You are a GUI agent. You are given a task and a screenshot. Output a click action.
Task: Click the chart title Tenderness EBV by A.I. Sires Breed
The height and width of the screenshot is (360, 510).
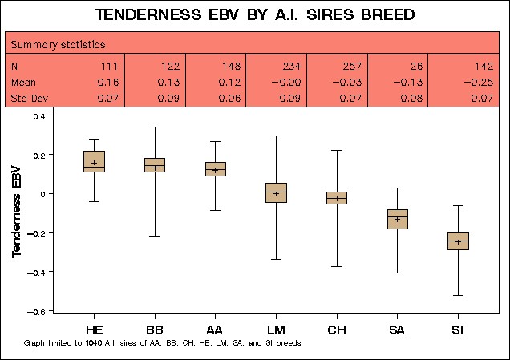[x=255, y=14]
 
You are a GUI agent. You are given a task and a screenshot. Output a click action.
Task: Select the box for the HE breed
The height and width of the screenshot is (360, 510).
[x=95, y=161]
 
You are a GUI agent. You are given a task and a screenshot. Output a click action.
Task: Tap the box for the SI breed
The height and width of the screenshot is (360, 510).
[x=458, y=241]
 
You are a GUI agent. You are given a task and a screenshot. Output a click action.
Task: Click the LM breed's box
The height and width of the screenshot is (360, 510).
[x=276, y=193]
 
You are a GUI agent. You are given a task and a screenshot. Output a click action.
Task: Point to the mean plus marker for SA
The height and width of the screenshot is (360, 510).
[x=397, y=220]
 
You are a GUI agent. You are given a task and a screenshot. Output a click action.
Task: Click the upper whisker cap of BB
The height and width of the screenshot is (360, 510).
[x=155, y=127]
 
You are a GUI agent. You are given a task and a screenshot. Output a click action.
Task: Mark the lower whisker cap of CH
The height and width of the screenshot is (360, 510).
[x=337, y=267]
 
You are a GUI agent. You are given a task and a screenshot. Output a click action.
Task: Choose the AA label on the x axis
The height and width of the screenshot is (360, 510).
[x=215, y=330]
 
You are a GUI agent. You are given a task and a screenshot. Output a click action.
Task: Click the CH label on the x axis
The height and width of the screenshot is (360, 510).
[x=337, y=330]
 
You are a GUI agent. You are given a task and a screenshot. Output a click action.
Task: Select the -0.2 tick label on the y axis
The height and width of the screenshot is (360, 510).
[x=36, y=233]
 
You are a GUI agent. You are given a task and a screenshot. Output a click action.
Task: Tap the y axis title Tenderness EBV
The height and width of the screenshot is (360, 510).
[x=16, y=212]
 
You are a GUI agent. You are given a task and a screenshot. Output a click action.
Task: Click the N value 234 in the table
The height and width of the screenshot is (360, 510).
[x=291, y=67]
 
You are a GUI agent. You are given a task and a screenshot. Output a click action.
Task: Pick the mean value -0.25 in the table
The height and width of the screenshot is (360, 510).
[x=479, y=83]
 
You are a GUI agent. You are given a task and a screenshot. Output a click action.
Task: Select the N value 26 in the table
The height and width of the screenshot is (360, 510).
[x=416, y=67]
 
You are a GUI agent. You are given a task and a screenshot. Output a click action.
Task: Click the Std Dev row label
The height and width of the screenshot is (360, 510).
[x=30, y=98]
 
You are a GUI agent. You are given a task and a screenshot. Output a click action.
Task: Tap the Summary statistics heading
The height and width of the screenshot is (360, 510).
[x=59, y=45]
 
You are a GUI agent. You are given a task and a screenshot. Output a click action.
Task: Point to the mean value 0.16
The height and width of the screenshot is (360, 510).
[x=108, y=83]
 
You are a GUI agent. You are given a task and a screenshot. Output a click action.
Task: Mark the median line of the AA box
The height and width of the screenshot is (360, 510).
[x=216, y=169]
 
